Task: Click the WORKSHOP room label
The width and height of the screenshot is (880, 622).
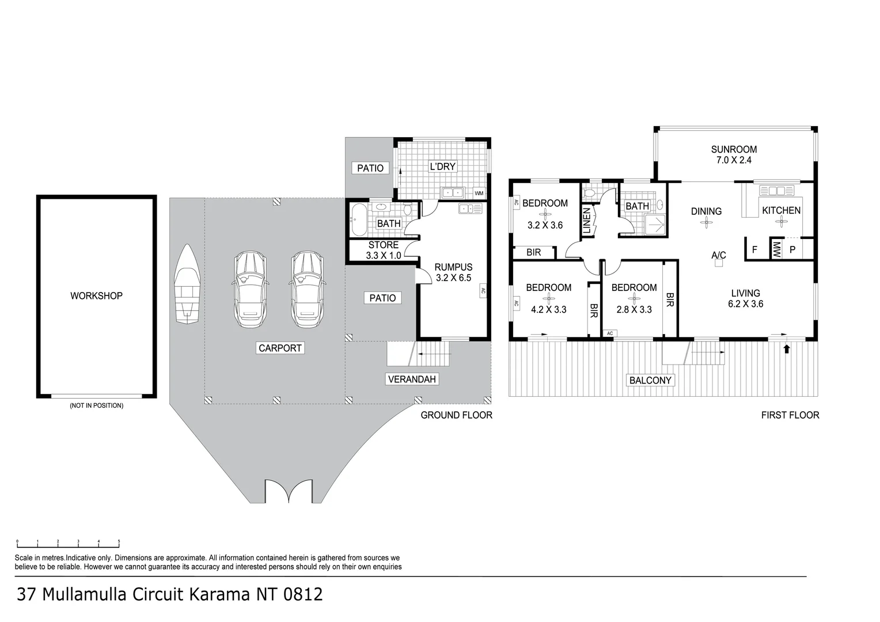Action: [x=96, y=296]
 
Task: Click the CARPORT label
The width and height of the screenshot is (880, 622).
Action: [x=280, y=348]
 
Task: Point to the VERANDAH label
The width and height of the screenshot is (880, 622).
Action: [x=412, y=379]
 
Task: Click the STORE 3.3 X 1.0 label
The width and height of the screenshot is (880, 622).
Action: [x=383, y=251]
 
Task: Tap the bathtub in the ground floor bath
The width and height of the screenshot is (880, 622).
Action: [x=358, y=219]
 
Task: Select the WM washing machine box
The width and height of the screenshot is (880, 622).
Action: [x=479, y=193]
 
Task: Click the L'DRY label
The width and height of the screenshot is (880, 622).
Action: [x=443, y=166]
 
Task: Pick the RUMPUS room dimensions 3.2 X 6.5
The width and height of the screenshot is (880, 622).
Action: [x=453, y=278]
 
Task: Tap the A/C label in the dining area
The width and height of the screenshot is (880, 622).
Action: [x=718, y=255]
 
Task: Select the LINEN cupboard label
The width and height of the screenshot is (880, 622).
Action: [x=586, y=221]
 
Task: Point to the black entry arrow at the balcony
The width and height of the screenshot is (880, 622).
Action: [x=787, y=348]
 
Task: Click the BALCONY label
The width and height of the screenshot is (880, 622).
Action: [x=650, y=380]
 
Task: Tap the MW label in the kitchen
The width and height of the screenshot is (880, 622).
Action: [x=776, y=249]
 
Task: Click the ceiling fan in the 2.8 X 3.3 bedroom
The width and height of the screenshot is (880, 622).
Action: [x=634, y=298]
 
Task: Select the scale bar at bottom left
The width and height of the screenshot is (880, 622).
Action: [x=68, y=543]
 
